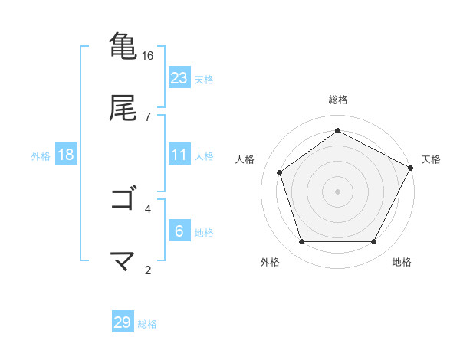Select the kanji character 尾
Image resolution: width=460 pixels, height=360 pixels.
click(x=123, y=108)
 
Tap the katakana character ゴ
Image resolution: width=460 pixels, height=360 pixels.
click(x=123, y=199)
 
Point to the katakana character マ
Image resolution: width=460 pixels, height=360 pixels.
click(x=123, y=261)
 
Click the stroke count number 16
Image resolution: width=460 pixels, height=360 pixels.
click(x=148, y=56)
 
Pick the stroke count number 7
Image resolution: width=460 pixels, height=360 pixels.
click(x=148, y=117)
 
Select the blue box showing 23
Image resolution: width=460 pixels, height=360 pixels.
click(x=179, y=78)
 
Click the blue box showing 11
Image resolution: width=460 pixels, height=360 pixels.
click(x=179, y=155)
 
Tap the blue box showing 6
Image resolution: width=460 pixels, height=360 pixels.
click(x=179, y=231)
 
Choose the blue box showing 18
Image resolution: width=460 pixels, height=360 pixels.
click(x=66, y=155)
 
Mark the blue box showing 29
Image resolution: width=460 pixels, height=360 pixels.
click(x=123, y=322)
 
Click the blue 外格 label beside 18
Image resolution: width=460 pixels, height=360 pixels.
click(x=41, y=155)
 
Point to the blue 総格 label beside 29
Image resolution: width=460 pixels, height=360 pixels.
click(x=147, y=324)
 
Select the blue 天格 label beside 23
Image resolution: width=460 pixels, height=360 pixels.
click(x=204, y=79)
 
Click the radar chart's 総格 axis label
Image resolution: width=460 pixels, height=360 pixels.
click(x=338, y=100)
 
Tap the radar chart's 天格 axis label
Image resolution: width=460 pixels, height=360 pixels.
click(x=431, y=159)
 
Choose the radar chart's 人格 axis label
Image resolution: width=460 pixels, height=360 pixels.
click(x=245, y=159)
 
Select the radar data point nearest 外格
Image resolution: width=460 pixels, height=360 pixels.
click(x=301, y=242)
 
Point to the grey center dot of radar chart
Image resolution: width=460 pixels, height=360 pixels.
click(x=338, y=191)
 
